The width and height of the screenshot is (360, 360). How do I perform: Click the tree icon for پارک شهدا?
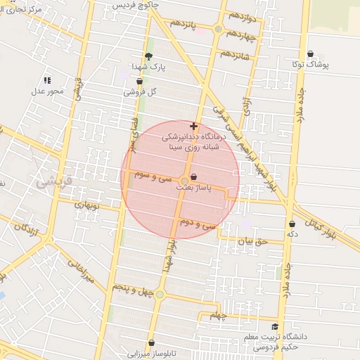click(148, 56)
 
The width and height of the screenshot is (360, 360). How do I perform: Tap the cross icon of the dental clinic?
click(193, 127)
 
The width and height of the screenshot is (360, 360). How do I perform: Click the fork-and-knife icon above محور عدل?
click(47, 80)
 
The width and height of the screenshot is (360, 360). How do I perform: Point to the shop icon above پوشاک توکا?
click(311, 53)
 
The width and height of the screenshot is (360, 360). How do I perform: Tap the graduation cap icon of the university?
click(275, 327)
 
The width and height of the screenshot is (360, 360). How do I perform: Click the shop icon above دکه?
click(292, 224)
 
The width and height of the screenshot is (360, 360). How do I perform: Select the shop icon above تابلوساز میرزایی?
click(150, 343)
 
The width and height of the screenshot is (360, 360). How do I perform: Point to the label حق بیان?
click(252, 241)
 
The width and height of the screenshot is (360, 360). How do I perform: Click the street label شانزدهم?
click(234, 53)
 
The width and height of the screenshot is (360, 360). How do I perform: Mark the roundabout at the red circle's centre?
click(184, 181)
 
